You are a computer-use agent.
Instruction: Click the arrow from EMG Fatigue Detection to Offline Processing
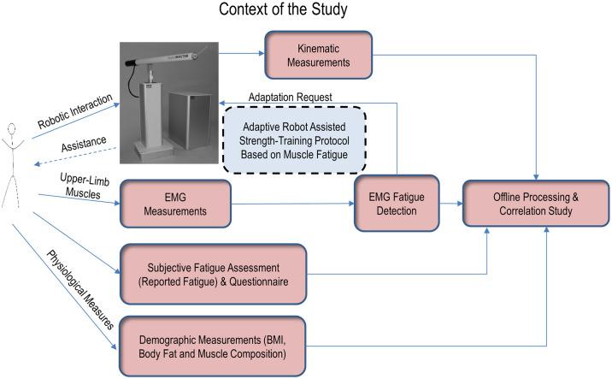pos(449,204)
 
